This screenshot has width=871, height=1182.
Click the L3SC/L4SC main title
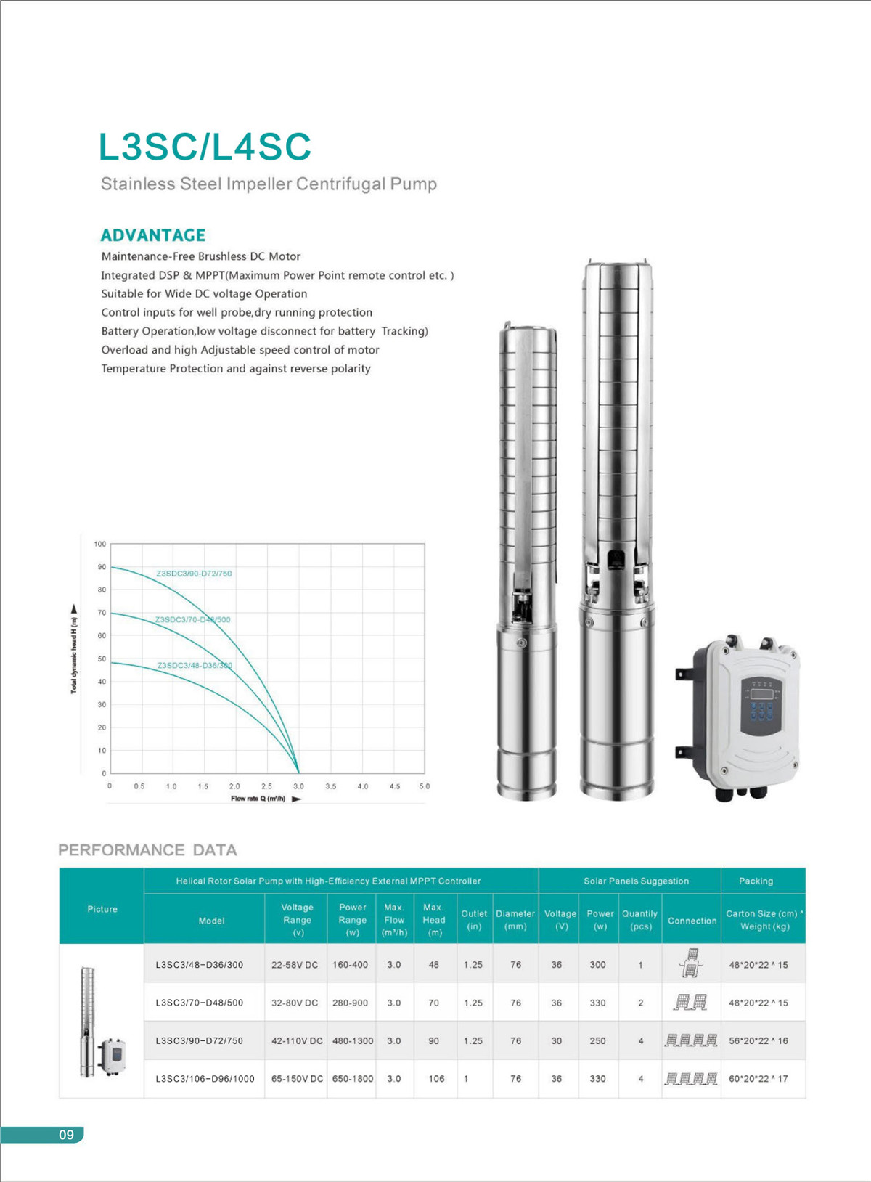205,147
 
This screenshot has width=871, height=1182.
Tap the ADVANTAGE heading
153,235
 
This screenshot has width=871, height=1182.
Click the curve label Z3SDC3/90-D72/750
194,574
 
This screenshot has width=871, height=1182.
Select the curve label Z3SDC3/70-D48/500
192,619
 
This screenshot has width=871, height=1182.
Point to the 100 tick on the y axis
100,544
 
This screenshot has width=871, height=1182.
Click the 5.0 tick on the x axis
425,786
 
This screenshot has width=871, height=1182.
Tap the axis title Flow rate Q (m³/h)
258,799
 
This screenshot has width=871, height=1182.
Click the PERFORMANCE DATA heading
147,850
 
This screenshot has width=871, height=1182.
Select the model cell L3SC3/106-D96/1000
205,1079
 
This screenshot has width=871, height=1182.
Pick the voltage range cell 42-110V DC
297,1041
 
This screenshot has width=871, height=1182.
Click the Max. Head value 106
436,1079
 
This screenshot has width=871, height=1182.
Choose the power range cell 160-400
351,965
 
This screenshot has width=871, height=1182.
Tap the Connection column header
692,921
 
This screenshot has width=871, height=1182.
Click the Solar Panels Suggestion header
636,881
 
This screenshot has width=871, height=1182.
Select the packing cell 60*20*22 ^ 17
758,1079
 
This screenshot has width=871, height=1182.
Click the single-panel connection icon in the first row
691,963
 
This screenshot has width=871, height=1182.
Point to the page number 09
66,1135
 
